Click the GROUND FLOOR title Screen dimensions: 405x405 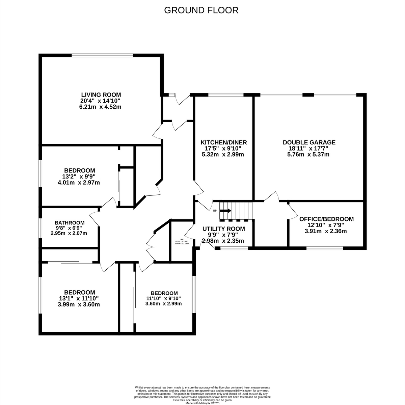click(201, 10)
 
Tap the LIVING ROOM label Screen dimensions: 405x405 click(101, 95)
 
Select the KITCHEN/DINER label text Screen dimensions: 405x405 click(223, 142)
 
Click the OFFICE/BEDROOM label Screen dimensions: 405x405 click(326, 219)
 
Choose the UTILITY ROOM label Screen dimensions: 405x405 click(223, 229)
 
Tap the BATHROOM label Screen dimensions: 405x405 click(69, 223)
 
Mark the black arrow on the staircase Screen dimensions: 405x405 click(225, 211)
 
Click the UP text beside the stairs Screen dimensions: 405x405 click(215, 211)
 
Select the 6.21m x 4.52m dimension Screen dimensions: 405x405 click(101, 107)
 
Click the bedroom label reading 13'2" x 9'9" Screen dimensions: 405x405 click(79, 177)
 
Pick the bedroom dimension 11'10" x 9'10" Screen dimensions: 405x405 click(164, 298)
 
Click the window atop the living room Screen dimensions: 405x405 click(103, 55)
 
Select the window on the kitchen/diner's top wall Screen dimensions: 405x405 click(226, 95)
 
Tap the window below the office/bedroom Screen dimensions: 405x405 click(325, 248)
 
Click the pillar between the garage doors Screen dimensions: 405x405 click(308, 95)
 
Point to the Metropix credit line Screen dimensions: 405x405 click(202, 403)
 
